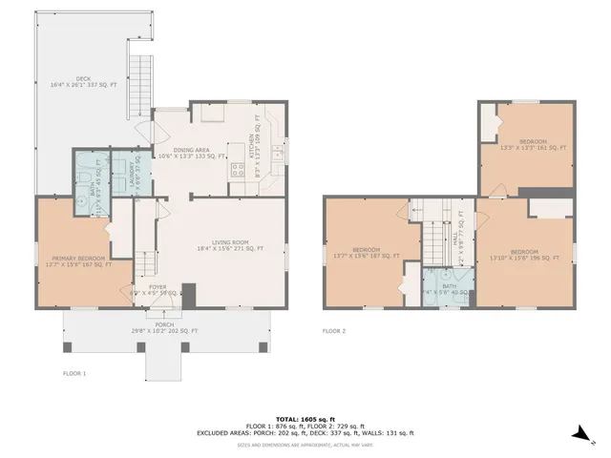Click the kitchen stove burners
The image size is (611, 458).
pyautogui.click(x=237, y=170)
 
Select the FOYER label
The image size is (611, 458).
pyautogui.click(x=158, y=288)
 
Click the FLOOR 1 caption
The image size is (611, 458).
pyautogui.click(x=74, y=373)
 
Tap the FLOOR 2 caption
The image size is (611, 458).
pyautogui.click(x=333, y=330)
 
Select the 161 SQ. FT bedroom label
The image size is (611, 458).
pyautogui.click(x=534, y=145)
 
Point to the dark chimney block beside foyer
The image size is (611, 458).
pyautogui.click(x=188, y=294)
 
